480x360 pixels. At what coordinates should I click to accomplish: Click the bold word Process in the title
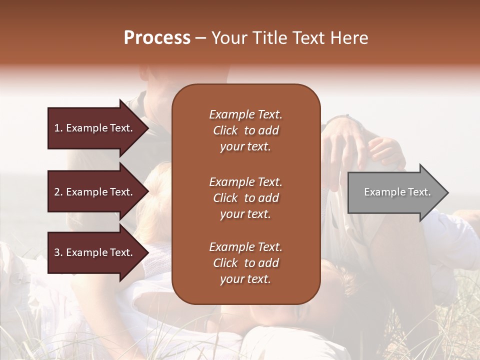(x=157, y=38)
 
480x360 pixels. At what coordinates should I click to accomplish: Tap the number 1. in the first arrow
(x=58, y=128)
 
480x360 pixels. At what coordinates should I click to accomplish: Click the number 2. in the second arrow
(x=58, y=192)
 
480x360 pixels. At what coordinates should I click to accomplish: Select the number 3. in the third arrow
(x=58, y=252)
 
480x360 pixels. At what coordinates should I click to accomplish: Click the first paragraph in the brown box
(x=245, y=130)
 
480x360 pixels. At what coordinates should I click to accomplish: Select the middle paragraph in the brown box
(x=245, y=198)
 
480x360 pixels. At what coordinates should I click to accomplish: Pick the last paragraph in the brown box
(x=245, y=263)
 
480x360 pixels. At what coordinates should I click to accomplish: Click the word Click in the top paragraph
(x=225, y=130)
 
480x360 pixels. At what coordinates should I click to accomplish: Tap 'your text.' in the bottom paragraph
(x=245, y=279)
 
